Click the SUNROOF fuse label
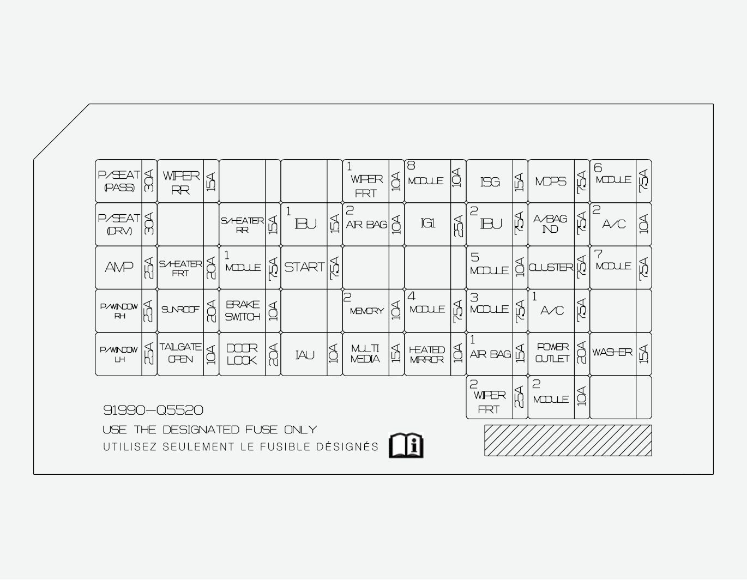click(180, 310)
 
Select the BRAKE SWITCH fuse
click(243, 310)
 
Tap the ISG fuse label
click(490, 182)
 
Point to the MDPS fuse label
click(551, 182)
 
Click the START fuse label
click(304, 267)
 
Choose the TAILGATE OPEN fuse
click(180, 353)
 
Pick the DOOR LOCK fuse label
click(242, 354)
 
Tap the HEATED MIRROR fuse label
click(427, 354)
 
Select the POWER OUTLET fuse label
click(552, 353)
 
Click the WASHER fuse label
click(612, 353)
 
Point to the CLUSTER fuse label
click(551, 268)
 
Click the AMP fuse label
click(119, 267)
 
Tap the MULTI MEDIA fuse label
click(365, 354)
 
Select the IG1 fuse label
click(428, 223)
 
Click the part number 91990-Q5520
click(153, 410)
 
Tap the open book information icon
click(406, 445)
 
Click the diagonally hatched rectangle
click(568, 440)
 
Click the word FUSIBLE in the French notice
click(288, 447)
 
